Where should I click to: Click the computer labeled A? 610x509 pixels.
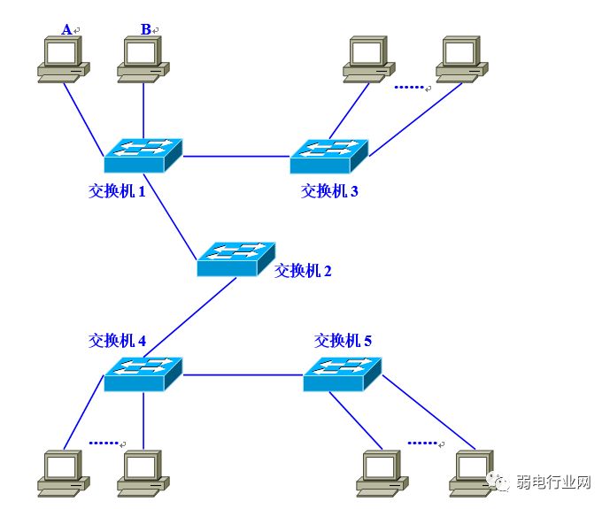[x=62, y=58]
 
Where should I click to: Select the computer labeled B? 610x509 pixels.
[x=142, y=58]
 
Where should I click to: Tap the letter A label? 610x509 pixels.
[x=66, y=30]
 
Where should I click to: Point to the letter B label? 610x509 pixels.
[x=146, y=30]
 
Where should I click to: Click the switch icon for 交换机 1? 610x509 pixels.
[x=143, y=155]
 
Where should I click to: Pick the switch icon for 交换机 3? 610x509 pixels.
[x=328, y=156]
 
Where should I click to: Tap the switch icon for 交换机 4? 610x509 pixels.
[x=143, y=374]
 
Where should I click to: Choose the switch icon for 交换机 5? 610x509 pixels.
[x=342, y=374]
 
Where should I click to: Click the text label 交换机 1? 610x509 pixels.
[x=117, y=189]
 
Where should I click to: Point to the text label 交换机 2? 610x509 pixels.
[x=303, y=271]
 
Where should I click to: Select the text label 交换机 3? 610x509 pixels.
[x=329, y=189]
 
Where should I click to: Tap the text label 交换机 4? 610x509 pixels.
[x=117, y=340]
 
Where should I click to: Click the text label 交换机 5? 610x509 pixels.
[x=344, y=340]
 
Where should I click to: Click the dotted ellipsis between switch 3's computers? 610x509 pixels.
[x=410, y=87]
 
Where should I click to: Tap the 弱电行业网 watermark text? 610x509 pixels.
[x=559, y=482]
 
